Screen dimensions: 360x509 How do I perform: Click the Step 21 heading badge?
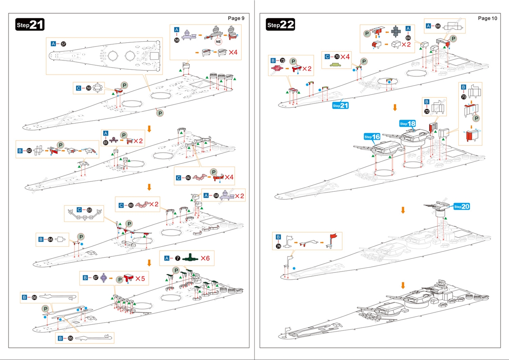click(30, 25)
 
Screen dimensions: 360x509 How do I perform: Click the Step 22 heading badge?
click(281, 25)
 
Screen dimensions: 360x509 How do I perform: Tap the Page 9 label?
click(236, 18)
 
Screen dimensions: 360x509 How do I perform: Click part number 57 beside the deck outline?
click(63, 44)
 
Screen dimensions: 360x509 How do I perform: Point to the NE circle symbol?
click(218, 41)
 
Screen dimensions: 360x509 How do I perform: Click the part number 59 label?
click(89, 88)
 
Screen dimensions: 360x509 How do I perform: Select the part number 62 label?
click(29, 151)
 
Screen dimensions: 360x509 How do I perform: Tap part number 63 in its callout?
click(89, 210)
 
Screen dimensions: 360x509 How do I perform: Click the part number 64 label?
click(50, 239)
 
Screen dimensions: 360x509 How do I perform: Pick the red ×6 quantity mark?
click(205, 258)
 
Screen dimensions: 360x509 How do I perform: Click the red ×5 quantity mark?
click(140, 278)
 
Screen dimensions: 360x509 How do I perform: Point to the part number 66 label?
click(34, 297)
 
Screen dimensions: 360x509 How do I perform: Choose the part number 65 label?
click(70, 338)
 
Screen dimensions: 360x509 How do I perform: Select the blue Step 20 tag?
click(462, 206)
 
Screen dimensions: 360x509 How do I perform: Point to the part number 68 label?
click(438, 26)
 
